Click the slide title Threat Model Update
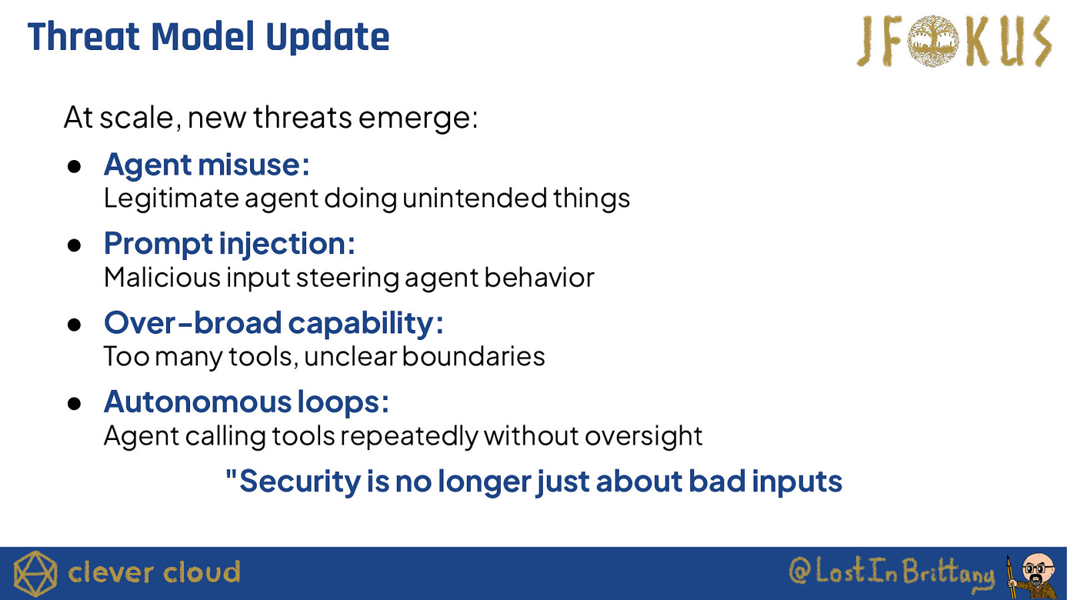[x=209, y=37]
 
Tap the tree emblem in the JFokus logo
[x=933, y=41]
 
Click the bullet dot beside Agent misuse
[x=74, y=167]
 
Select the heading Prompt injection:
[x=229, y=244]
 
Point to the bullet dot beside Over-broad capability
[x=74, y=325]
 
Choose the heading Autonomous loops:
[x=246, y=402]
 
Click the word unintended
[x=475, y=198]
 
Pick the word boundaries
[x=473, y=356]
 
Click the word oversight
[x=644, y=436]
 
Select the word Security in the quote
[x=300, y=481]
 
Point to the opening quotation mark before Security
[x=231, y=474]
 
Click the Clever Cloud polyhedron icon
[x=35, y=573]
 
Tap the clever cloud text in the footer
[x=154, y=573]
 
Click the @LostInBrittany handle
[x=892, y=573]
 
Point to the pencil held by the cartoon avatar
[x=1010, y=577]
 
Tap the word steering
[x=347, y=278]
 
